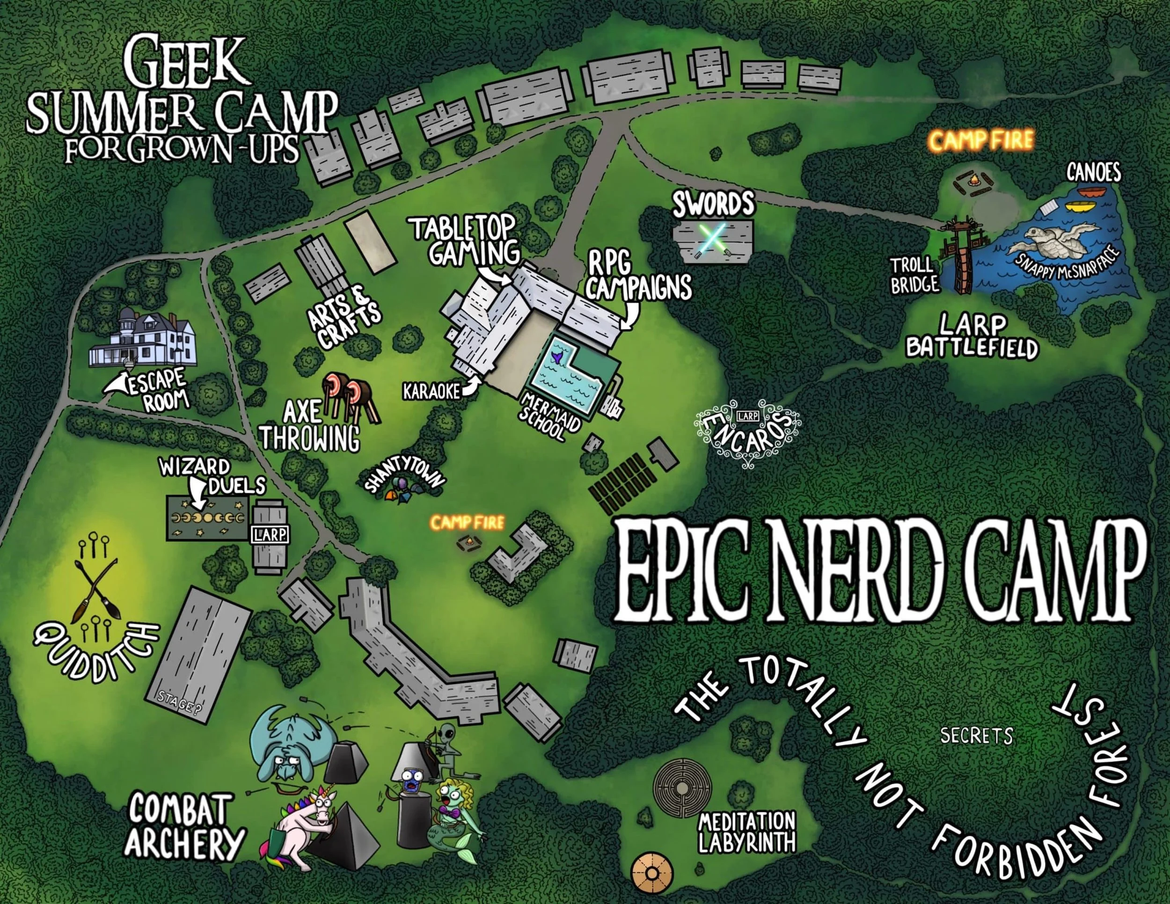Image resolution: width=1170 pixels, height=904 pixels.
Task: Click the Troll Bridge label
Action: coord(914,275)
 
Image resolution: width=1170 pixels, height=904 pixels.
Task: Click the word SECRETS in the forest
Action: coord(976,736)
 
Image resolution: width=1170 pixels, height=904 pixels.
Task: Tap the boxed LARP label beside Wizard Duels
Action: coord(270,533)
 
